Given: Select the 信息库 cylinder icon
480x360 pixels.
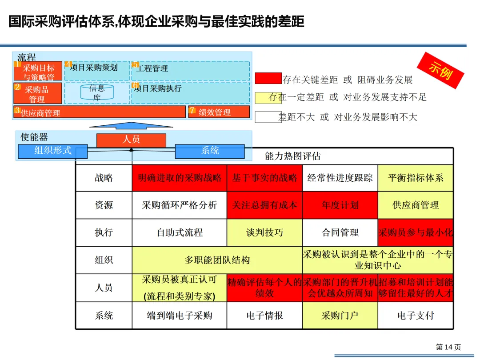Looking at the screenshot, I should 97,92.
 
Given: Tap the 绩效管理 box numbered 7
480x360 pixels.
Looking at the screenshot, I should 219,112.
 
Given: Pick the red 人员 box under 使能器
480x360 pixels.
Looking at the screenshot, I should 131,140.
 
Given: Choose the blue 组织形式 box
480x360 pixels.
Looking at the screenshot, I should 53,151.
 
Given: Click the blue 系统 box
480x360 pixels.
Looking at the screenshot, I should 210,151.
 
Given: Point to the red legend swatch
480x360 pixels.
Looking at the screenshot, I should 268,79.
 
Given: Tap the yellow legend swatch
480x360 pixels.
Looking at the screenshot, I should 268,97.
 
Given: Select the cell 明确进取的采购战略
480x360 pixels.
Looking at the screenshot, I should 180,178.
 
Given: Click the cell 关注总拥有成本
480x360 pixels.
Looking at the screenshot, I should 264,205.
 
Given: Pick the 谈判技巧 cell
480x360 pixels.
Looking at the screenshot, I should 264,232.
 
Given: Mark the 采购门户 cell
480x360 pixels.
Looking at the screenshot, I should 340,316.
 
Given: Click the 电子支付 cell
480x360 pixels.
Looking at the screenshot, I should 416,316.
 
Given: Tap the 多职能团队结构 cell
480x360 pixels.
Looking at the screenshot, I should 217,260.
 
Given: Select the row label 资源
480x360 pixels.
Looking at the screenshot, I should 104,205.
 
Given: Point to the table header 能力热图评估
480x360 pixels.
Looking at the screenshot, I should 292,156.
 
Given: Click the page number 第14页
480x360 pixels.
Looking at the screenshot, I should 448,347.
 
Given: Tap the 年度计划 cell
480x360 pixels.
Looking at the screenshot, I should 340,205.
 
